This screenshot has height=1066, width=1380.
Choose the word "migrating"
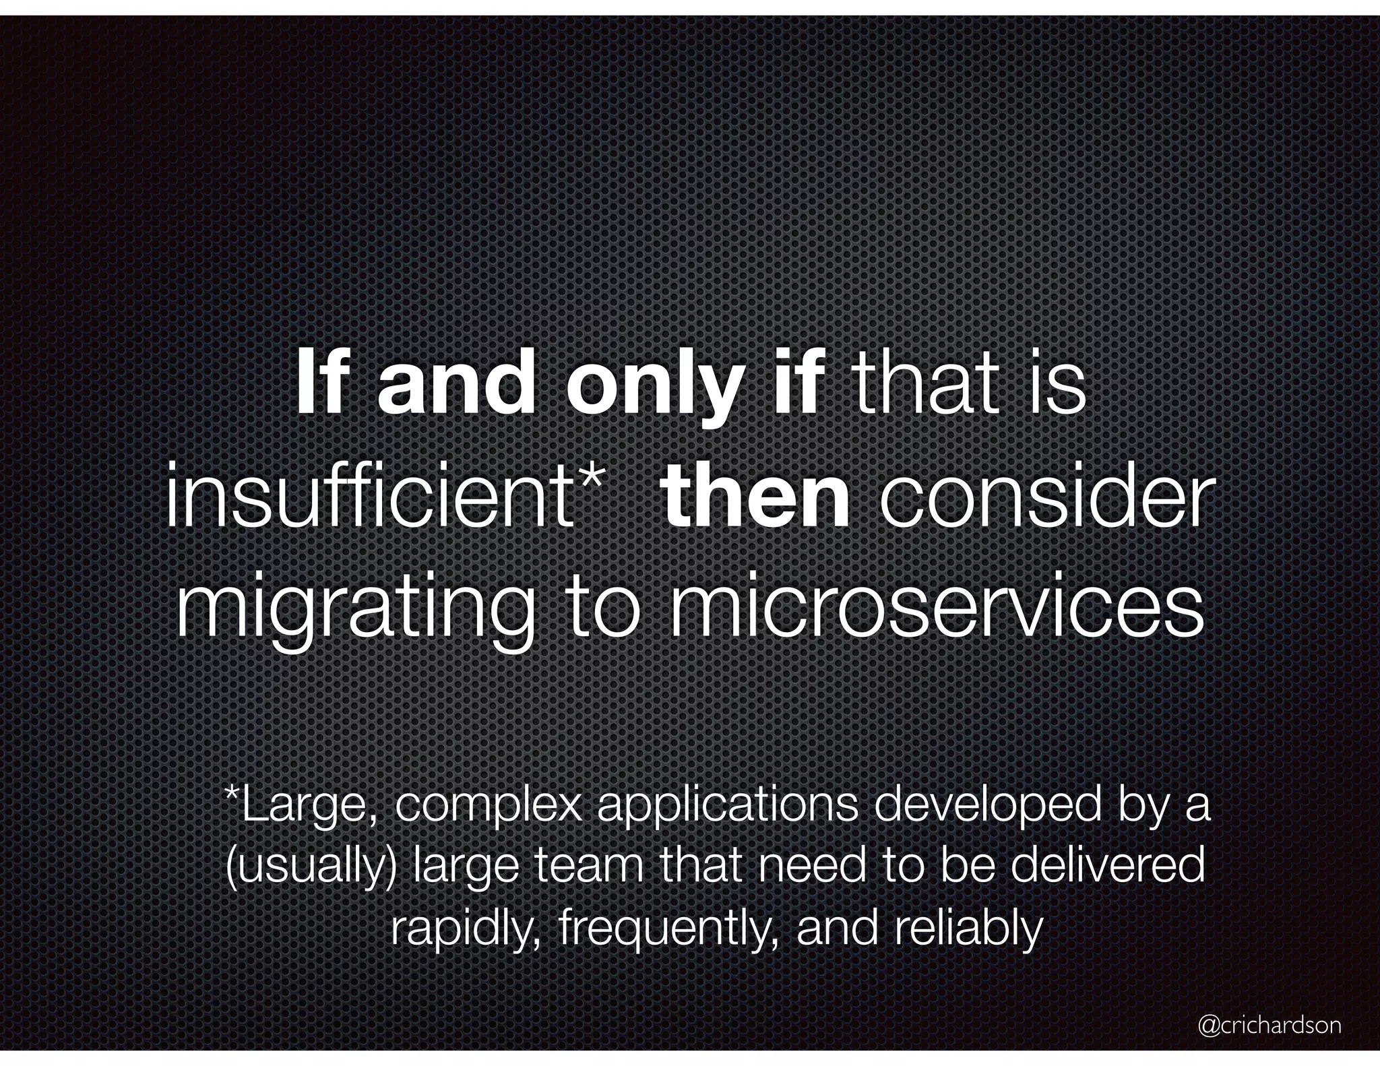point(355,610)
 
